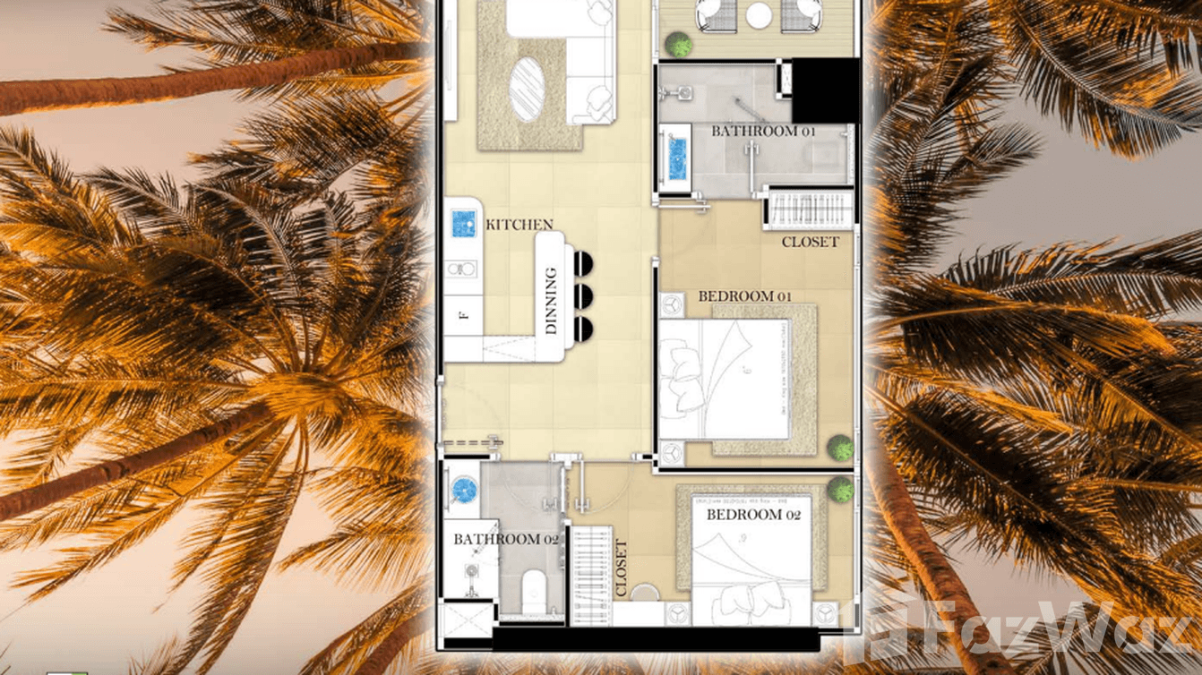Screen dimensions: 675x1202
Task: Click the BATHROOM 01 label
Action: (x=764, y=131)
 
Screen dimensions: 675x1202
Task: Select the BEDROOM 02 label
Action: (x=753, y=515)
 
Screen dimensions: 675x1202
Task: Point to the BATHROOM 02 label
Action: (x=506, y=539)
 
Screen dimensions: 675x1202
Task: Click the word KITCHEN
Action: (x=519, y=225)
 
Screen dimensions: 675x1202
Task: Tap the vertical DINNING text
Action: (x=551, y=301)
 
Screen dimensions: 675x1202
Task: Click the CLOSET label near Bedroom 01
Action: (x=810, y=242)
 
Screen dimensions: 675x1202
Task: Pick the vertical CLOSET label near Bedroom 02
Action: (x=622, y=568)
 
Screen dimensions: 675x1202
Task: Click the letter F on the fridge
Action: (x=463, y=315)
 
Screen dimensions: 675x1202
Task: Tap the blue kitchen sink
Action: (x=463, y=222)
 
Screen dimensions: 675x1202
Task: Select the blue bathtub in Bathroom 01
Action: (x=675, y=158)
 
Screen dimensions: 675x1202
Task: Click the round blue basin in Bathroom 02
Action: (x=464, y=489)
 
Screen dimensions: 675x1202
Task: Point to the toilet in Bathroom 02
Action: (x=533, y=588)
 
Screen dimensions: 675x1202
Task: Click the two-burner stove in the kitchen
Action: (x=462, y=268)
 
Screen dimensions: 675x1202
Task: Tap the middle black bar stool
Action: (x=583, y=295)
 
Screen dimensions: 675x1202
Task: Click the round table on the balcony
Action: (x=759, y=14)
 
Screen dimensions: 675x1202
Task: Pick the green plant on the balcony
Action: (x=680, y=44)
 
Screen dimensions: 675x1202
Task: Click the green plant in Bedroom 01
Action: (x=840, y=448)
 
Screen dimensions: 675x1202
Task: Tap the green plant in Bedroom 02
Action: (x=840, y=489)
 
